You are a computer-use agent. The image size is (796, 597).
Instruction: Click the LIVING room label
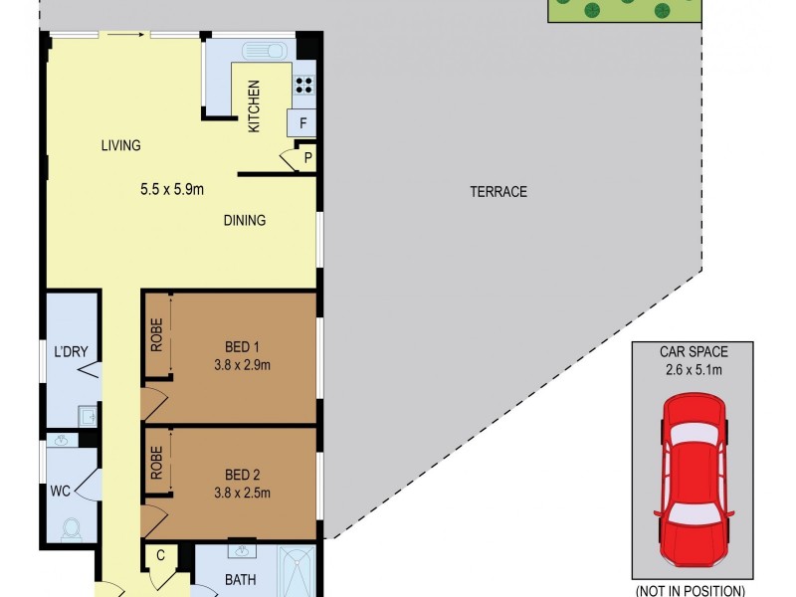click(120, 145)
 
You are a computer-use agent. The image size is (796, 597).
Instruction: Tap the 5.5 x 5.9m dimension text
click(171, 189)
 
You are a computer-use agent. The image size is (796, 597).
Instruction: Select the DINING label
click(244, 221)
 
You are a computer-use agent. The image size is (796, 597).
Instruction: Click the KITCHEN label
click(254, 106)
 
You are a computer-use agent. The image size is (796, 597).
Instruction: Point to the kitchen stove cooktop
click(303, 85)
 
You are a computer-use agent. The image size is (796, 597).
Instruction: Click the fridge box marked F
click(302, 124)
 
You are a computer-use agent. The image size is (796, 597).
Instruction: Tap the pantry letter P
click(307, 158)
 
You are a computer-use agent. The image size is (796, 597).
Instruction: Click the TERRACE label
click(497, 192)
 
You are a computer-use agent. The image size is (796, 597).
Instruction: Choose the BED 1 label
click(242, 347)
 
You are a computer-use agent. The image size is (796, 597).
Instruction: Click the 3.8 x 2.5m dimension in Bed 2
click(242, 492)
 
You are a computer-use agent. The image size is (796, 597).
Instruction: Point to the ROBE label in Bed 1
click(157, 334)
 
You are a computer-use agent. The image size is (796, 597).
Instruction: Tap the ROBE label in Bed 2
click(157, 463)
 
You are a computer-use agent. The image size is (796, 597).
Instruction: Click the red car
click(696, 476)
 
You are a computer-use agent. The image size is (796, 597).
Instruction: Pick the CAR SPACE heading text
click(695, 352)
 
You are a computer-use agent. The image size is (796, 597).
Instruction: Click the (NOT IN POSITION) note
click(691, 591)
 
